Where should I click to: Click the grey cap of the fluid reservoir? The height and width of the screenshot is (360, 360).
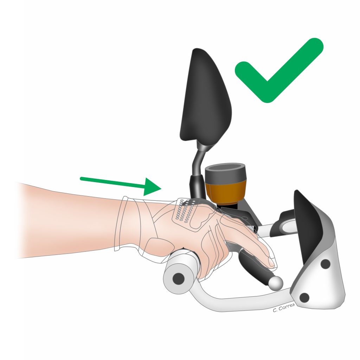225,173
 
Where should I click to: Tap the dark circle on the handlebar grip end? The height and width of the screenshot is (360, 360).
178,279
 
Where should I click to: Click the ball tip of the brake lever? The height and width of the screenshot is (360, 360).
276,283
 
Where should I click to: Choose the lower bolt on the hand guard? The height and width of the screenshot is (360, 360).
304,297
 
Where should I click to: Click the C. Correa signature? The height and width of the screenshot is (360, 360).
284,308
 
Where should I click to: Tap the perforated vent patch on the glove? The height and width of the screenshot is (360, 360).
185,211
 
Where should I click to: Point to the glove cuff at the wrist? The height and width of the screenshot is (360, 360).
129,224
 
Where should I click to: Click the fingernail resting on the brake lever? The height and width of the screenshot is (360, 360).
271,262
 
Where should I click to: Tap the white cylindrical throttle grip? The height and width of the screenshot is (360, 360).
181,271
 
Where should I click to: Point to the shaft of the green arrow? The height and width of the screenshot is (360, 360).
113,182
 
